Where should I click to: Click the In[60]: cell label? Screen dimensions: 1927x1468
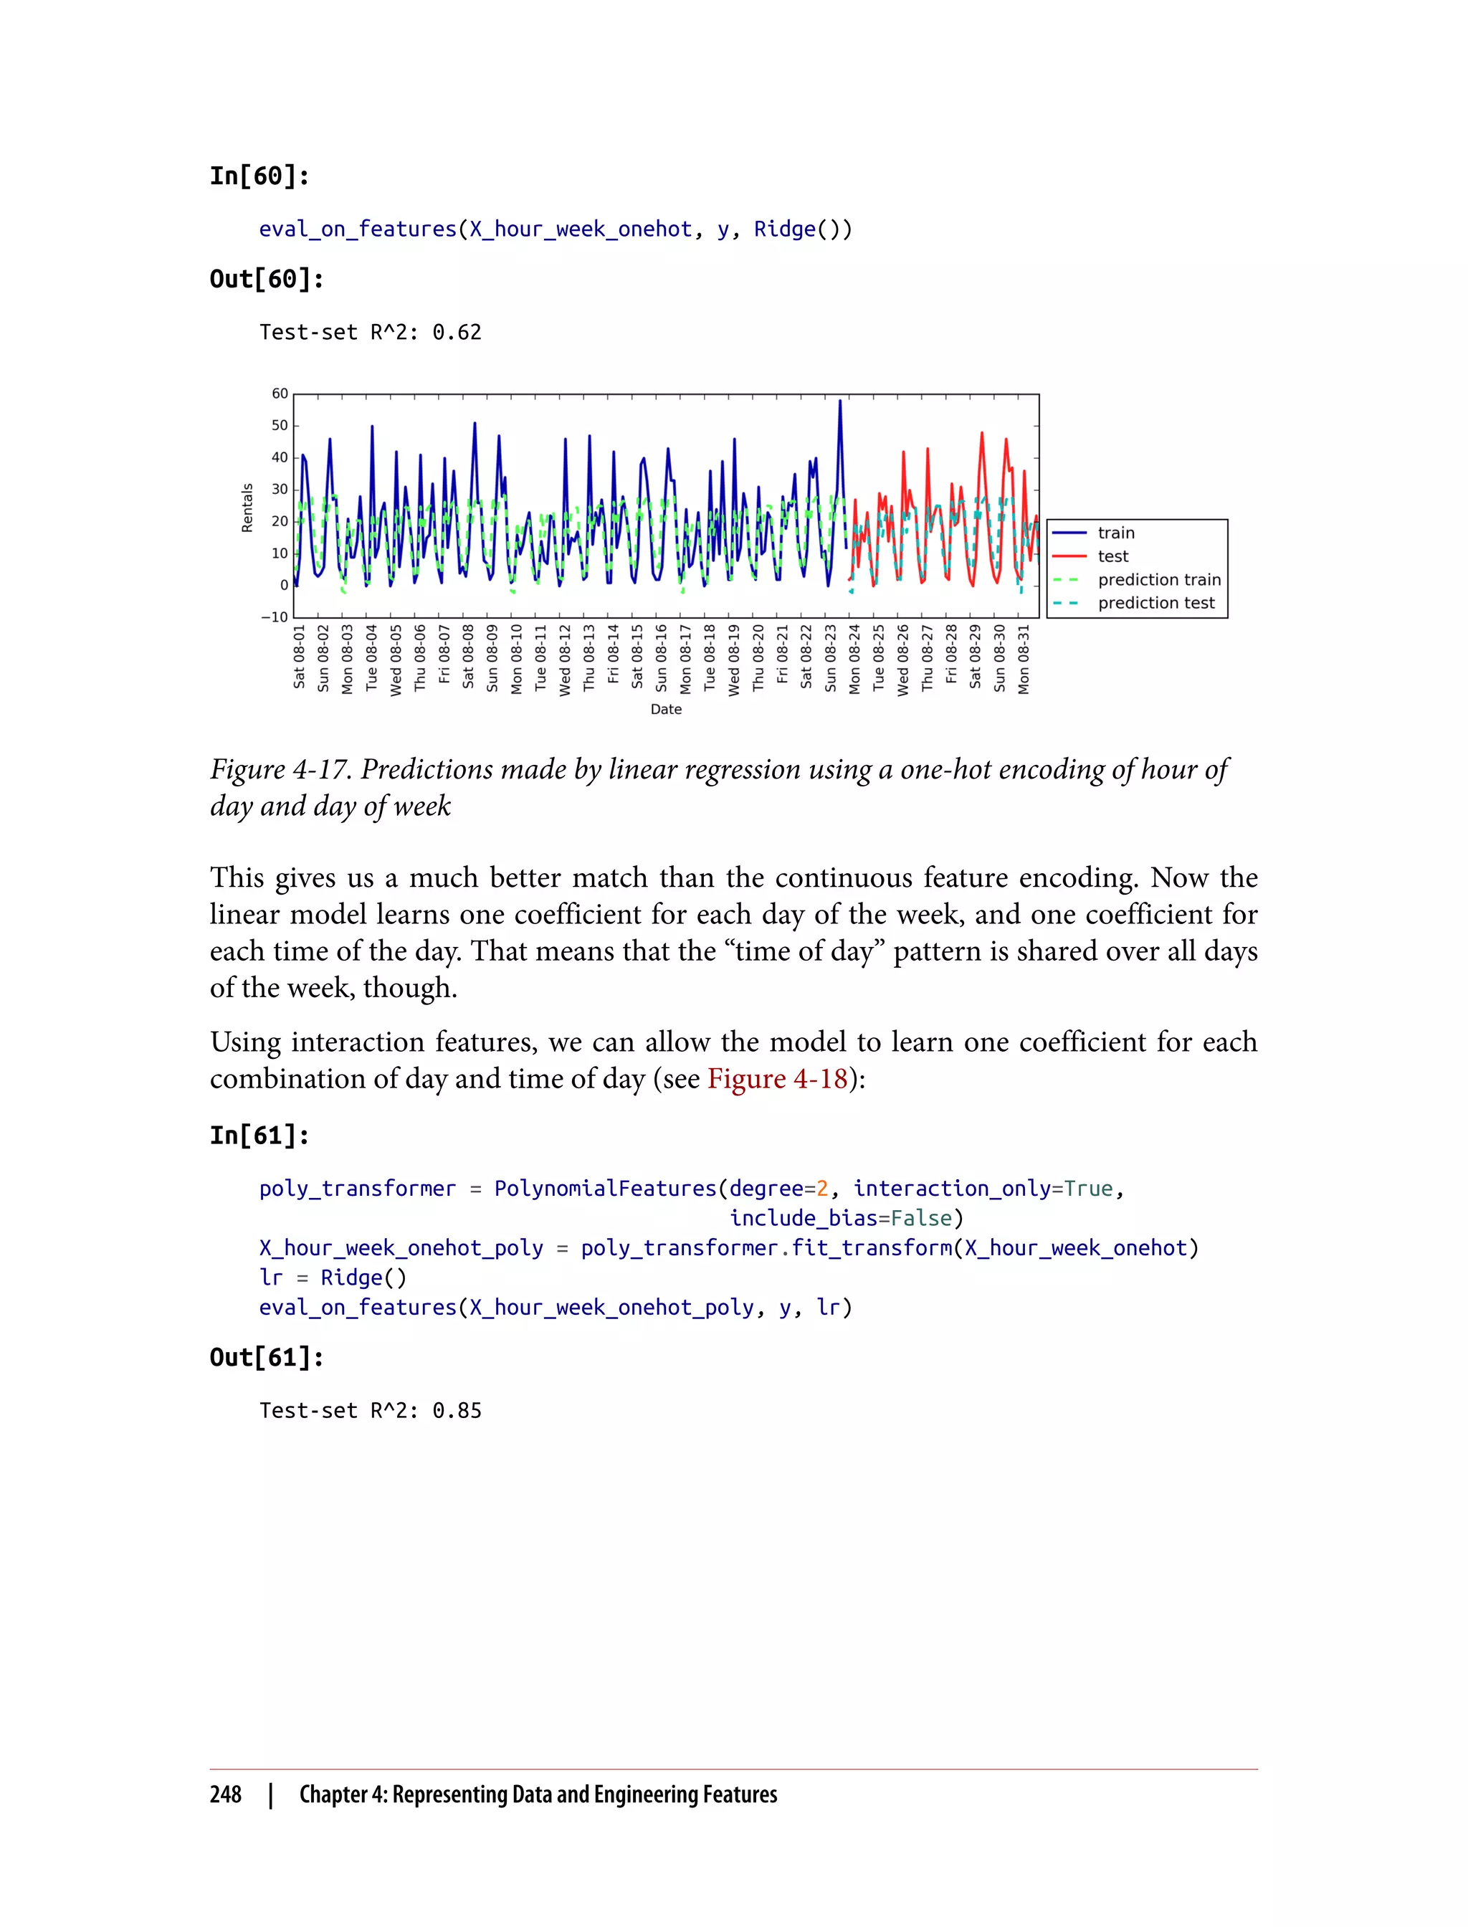click(x=259, y=176)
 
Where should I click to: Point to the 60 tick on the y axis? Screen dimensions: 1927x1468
click(x=279, y=394)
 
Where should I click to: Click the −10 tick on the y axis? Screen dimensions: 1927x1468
click(x=275, y=617)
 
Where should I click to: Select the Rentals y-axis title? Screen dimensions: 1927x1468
click(x=247, y=508)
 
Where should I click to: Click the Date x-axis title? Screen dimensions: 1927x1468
click(x=666, y=710)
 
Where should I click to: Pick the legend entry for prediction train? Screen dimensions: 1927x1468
click(x=1158, y=579)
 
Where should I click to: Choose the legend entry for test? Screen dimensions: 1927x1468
click(x=1112, y=556)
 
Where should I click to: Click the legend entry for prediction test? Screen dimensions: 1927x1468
click(x=1155, y=603)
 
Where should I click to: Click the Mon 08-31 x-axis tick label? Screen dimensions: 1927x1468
click(x=1024, y=659)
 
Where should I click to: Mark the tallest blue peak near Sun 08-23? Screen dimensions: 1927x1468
click(x=840, y=402)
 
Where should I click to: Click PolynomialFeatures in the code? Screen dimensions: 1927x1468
click(x=605, y=1189)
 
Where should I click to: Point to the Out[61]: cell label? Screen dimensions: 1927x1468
click(x=267, y=1357)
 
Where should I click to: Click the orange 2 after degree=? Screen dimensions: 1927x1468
click(x=821, y=1189)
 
